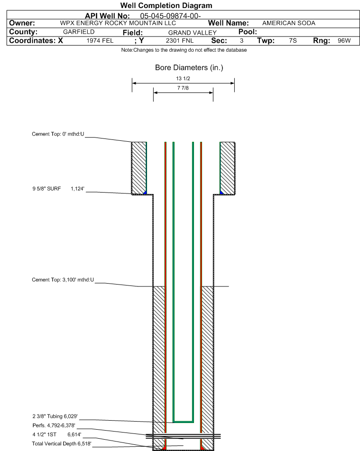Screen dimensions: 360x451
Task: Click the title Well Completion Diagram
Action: pyautogui.click(x=166, y=6)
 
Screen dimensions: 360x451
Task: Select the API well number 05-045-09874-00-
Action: pyautogui.click(x=170, y=16)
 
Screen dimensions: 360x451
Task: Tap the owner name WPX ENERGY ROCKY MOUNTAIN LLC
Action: pyautogui.click(x=118, y=23)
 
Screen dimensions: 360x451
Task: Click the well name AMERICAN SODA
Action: pyautogui.click(x=289, y=23)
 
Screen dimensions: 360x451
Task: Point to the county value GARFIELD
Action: pyautogui.click(x=79, y=32)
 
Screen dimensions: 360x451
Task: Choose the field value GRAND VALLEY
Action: pyautogui.click(x=192, y=33)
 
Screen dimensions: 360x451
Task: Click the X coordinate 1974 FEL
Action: pyautogui.click(x=100, y=41)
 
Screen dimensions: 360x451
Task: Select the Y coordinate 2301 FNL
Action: pyautogui.click(x=180, y=41)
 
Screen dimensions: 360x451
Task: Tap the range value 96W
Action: pyautogui.click(x=344, y=41)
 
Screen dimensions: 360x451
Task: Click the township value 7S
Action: pyautogui.click(x=293, y=41)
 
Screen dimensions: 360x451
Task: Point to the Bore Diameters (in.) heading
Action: pyautogui.click(x=189, y=68)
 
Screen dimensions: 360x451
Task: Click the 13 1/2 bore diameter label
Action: pyautogui.click(x=183, y=79)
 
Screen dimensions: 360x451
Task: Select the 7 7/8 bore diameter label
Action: pyautogui.click(x=183, y=88)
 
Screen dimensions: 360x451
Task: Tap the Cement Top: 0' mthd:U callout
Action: pyautogui.click(x=58, y=134)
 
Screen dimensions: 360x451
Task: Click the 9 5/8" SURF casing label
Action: pyautogui.click(x=46, y=189)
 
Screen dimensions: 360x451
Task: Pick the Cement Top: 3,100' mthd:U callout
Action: pyautogui.click(x=63, y=280)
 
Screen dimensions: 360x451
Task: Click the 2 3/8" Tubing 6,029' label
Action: pyautogui.click(x=55, y=416)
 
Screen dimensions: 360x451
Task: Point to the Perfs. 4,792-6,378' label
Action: pyautogui.click(x=54, y=425)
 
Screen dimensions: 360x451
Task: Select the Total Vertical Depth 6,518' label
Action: pyautogui.click(x=62, y=443)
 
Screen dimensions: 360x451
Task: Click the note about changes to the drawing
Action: pyautogui.click(x=184, y=50)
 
